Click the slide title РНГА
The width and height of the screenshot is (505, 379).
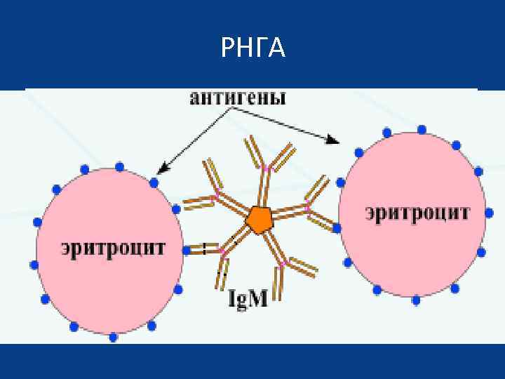252,48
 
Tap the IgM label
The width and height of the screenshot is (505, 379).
248,300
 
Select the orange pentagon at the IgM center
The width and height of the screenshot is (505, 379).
259,220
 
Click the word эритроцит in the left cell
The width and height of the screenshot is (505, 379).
113,248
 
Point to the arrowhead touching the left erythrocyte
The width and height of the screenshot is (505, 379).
161,169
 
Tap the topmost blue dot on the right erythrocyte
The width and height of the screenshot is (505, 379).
422,130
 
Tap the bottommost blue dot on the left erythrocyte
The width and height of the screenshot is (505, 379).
114,337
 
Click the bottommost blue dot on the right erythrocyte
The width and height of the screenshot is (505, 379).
416,300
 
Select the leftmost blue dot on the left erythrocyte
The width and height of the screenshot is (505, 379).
33,265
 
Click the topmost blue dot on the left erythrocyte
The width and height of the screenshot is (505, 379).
119,166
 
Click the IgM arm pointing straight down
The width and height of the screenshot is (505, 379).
223,270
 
